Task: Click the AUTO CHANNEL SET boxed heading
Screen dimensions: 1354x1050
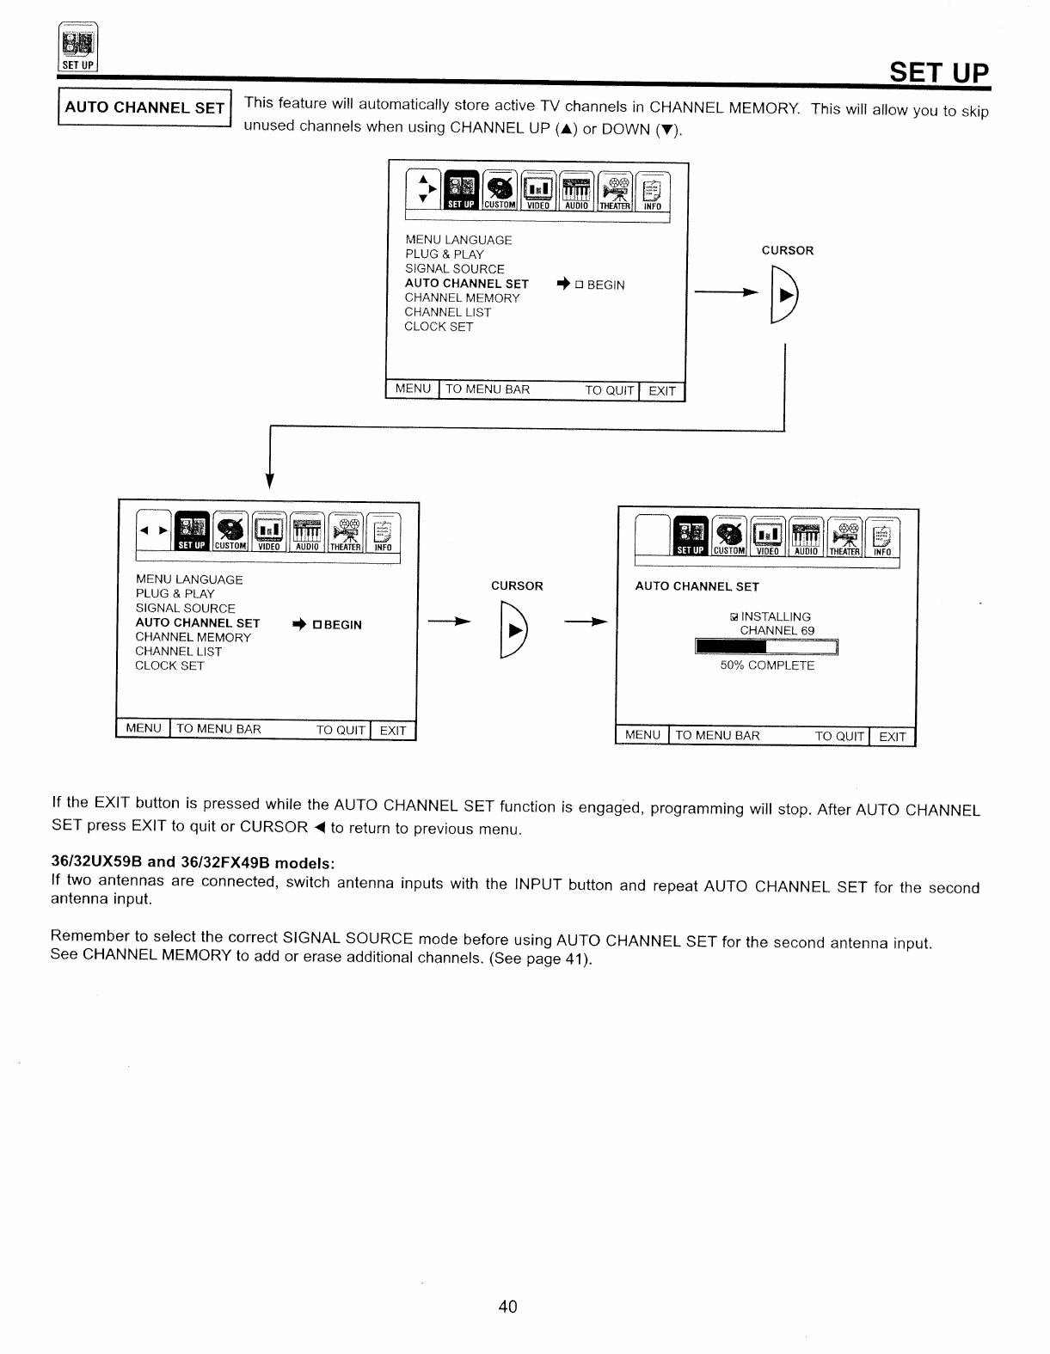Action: pyautogui.click(x=144, y=107)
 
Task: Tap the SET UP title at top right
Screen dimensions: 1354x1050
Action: pyautogui.click(x=939, y=72)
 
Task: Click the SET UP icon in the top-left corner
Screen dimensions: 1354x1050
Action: pyautogui.click(x=78, y=48)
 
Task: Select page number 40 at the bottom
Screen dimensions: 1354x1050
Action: pyautogui.click(x=507, y=1307)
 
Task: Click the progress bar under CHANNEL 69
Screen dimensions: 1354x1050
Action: pyautogui.click(x=766, y=647)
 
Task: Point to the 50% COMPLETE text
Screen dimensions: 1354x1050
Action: pyautogui.click(x=767, y=665)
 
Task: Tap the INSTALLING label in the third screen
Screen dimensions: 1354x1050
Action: pyautogui.click(x=775, y=616)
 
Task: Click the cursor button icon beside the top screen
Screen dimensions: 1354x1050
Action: pyautogui.click(x=786, y=295)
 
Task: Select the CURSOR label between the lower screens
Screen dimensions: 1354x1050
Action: pyautogui.click(x=517, y=586)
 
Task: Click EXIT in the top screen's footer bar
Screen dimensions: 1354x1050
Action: pyautogui.click(x=662, y=391)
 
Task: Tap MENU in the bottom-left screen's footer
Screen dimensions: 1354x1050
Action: pyautogui.click(x=144, y=729)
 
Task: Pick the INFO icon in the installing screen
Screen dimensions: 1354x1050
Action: pyautogui.click(x=882, y=538)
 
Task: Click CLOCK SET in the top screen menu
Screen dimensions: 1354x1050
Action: pyautogui.click(x=439, y=327)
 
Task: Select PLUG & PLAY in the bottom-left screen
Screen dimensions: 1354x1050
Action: pyautogui.click(x=175, y=593)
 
